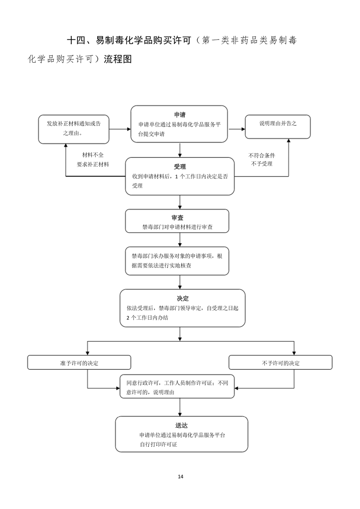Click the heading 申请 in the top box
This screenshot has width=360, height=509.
point(180,115)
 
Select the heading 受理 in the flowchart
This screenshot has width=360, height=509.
point(180,166)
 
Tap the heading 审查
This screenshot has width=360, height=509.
point(178,218)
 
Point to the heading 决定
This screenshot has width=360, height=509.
point(182,299)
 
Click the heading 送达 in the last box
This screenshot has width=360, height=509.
point(181,425)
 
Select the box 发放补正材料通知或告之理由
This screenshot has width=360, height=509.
point(74,129)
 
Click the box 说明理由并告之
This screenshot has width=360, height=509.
point(278,127)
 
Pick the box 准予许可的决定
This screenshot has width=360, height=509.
point(79,362)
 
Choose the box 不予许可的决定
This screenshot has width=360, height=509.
point(281,362)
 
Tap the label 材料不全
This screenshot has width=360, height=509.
point(93,155)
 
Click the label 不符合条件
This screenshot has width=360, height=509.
point(262,156)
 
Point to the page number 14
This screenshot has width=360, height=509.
point(181,476)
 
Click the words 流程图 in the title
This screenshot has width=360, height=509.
point(118,59)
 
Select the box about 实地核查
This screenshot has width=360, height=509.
point(177,261)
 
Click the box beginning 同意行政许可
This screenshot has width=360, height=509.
point(177,387)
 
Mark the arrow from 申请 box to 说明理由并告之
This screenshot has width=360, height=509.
point(237,129)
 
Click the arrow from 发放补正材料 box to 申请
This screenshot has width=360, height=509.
point(120,129)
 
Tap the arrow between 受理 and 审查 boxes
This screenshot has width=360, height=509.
point(180,202)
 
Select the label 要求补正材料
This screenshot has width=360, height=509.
point(93,164)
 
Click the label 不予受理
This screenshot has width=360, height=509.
point(262,164)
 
